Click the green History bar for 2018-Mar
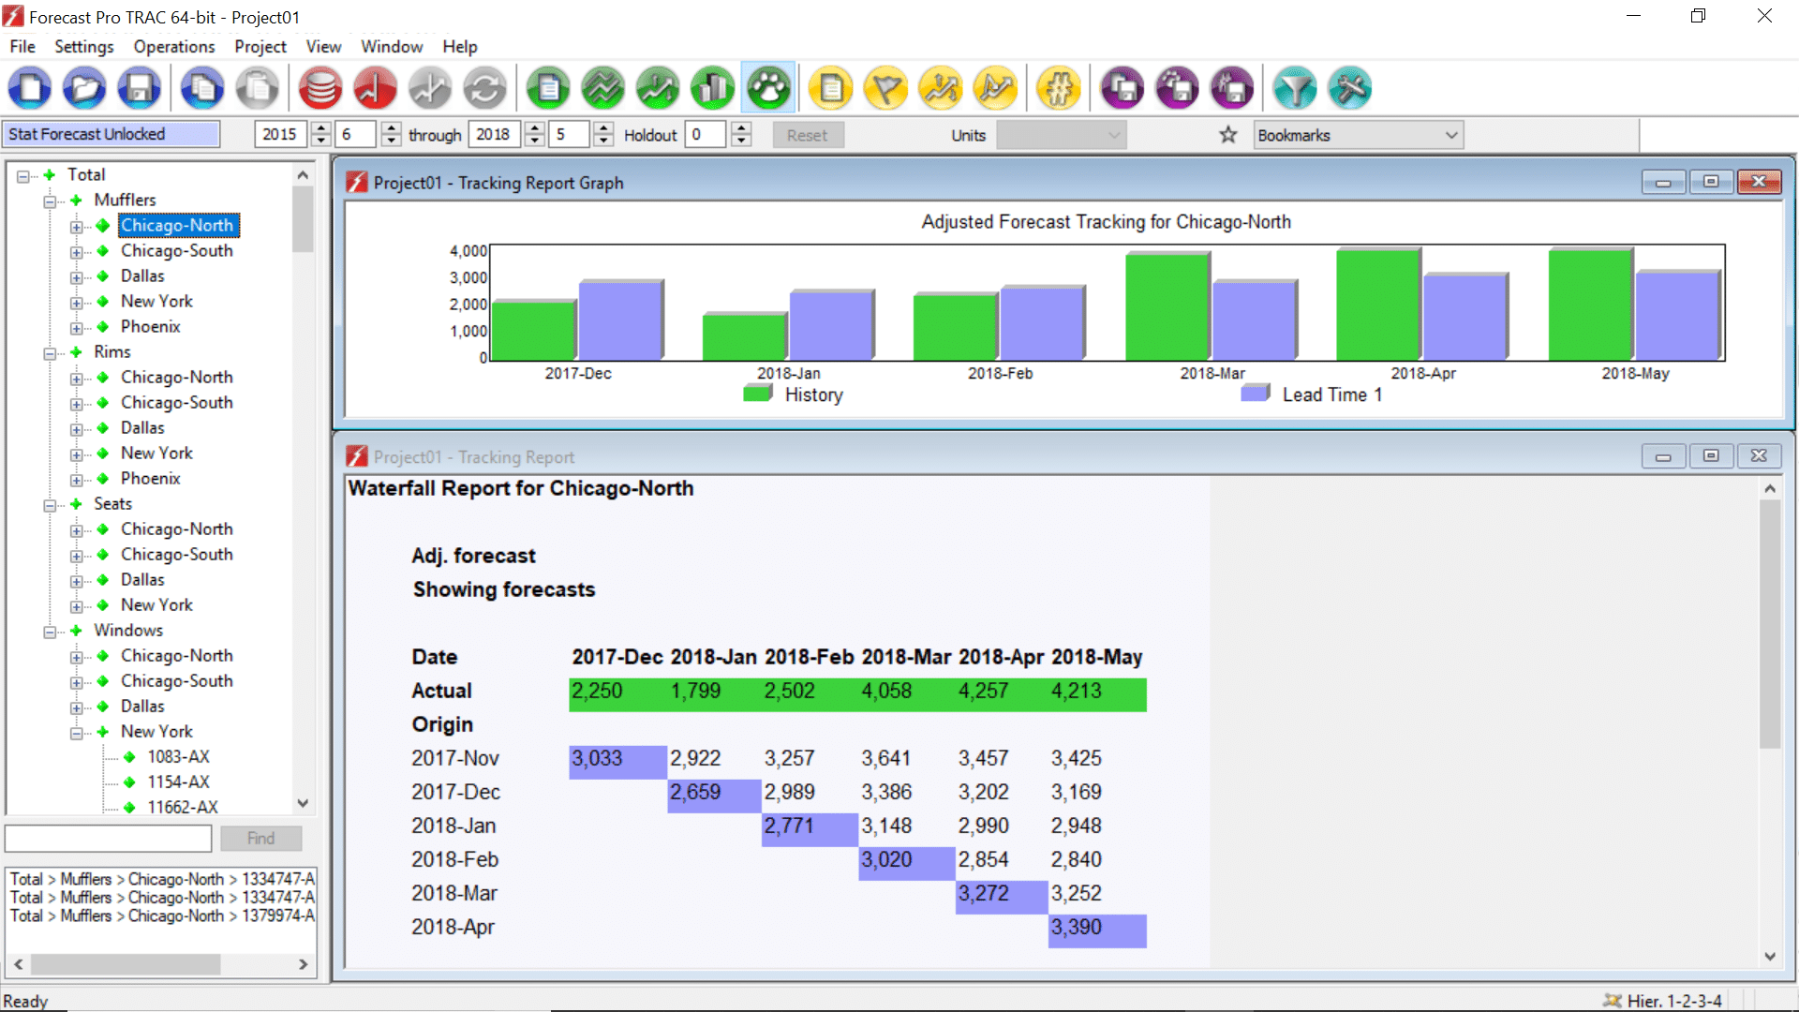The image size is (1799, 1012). [1167, 306]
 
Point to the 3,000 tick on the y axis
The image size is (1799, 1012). [468, 277]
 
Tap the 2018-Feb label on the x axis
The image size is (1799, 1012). [1000, 373]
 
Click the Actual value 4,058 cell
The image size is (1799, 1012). [886, 692]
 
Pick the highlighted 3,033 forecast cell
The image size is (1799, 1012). [598, 759]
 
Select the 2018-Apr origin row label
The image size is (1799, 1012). [453, 928]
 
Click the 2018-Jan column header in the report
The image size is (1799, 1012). [713, 657]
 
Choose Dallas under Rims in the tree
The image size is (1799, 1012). [142, 428]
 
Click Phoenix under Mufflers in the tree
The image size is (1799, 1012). [150, 327]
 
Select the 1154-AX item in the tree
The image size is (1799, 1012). [178, 782]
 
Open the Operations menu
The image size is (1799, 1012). [173, 47]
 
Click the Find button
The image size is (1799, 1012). [260, 839]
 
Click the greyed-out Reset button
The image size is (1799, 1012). [807, 135]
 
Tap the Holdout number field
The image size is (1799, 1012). [706, 135]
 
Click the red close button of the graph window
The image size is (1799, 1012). [1758, 182]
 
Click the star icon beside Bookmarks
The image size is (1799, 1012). [1227, 135]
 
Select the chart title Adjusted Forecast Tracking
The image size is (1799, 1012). [1106, 222]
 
